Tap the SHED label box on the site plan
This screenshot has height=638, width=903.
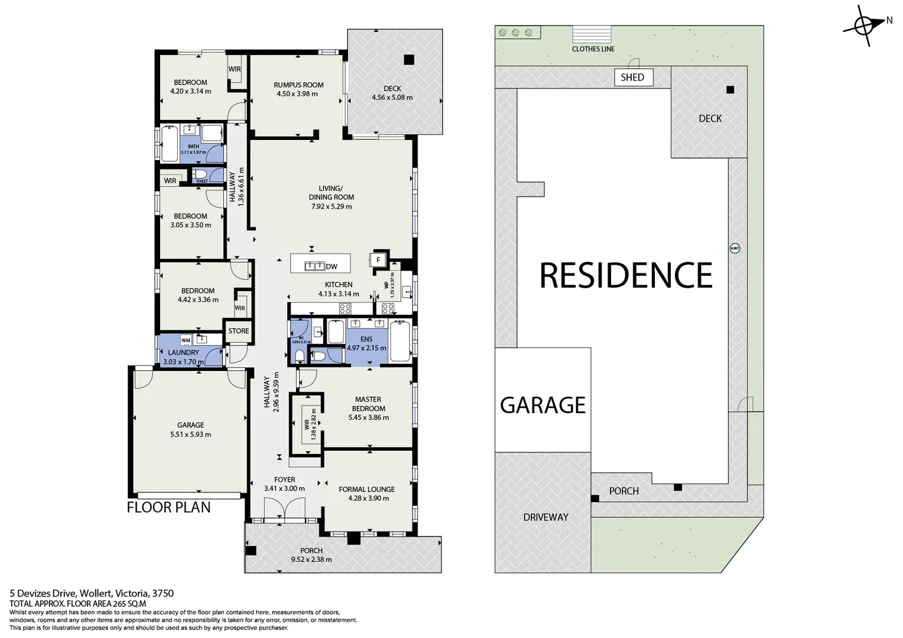click(x=632, y=77)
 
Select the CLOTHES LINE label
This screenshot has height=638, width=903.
click(x=593, y=49)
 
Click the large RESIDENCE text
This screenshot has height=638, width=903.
click(x=626, y=275)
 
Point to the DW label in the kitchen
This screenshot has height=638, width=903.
click(x=332, y=266)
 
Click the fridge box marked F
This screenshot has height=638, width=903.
click(x=378, y=259)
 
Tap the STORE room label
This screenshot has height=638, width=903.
click(x=239, y=331)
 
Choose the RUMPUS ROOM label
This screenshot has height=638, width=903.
click(x=298, y=85)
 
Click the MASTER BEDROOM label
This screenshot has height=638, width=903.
click(x=368, y=404)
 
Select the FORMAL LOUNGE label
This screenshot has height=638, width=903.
click(x=366, y=489)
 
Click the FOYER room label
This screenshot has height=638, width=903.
click(x=284, y=480)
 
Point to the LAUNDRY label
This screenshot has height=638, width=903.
click(x=183, y=353)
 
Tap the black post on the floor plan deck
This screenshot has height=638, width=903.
click(x=409, y=60)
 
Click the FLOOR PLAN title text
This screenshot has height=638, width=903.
click(x=168, y=507)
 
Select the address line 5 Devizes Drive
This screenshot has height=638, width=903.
click(x=92, y=593)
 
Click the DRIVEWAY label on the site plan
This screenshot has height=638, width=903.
click(x=545, y=517)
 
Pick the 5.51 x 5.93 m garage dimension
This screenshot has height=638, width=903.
click(x=190, y=434)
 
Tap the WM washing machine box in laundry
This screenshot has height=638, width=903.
click(x=186, y=340)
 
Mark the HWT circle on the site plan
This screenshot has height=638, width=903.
click(x=735, y=248)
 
